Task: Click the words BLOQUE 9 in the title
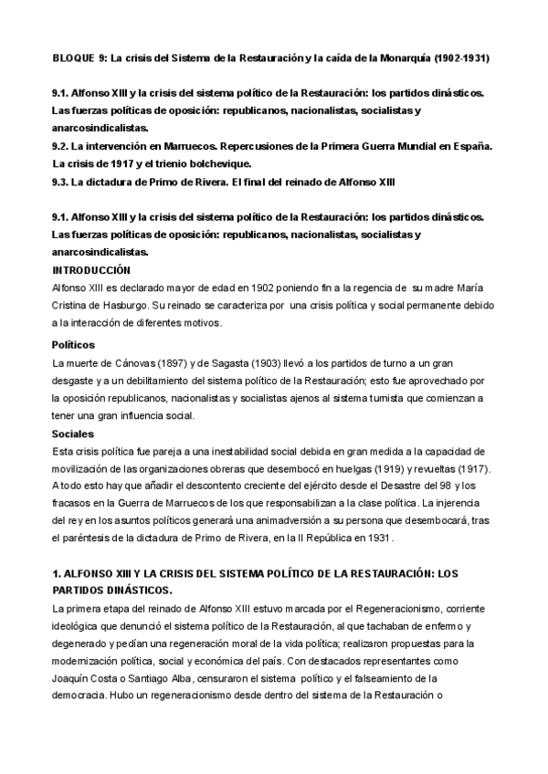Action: tap(75, 58)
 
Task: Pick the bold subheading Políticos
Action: tap(74, 345)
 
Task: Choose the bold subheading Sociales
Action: tap(71, 434)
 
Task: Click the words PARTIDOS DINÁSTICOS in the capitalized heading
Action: tap(114, 591)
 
